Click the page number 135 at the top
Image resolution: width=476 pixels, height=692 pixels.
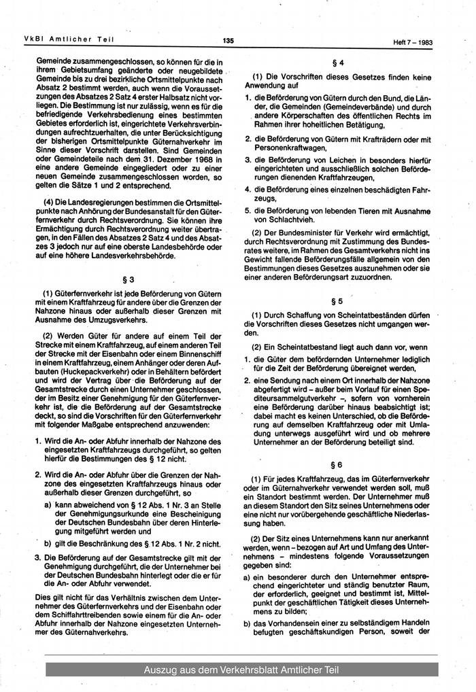[x=228, y=41]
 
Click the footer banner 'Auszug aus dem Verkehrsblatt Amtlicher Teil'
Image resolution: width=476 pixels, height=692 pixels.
[x=241, y=671]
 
